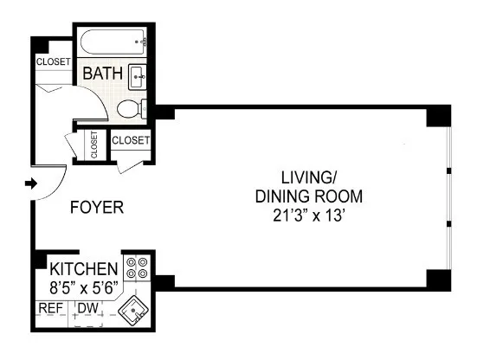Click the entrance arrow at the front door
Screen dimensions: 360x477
coord(30,183)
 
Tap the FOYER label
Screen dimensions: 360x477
coord(96,208)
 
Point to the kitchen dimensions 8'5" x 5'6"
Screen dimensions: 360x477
coord(84,285)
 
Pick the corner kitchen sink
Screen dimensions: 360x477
coord(135,309)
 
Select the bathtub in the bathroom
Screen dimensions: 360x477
coord(114,41)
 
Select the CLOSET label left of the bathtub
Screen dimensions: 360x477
coord(52,61)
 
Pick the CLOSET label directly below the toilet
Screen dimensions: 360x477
coord(132,138)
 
